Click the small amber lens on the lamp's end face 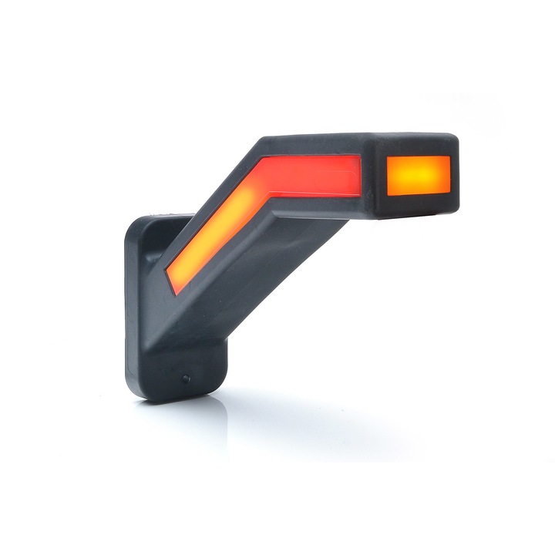[418, 175]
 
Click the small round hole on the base [186, 379]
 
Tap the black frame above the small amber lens [418, 146]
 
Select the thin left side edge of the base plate [129, 308]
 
